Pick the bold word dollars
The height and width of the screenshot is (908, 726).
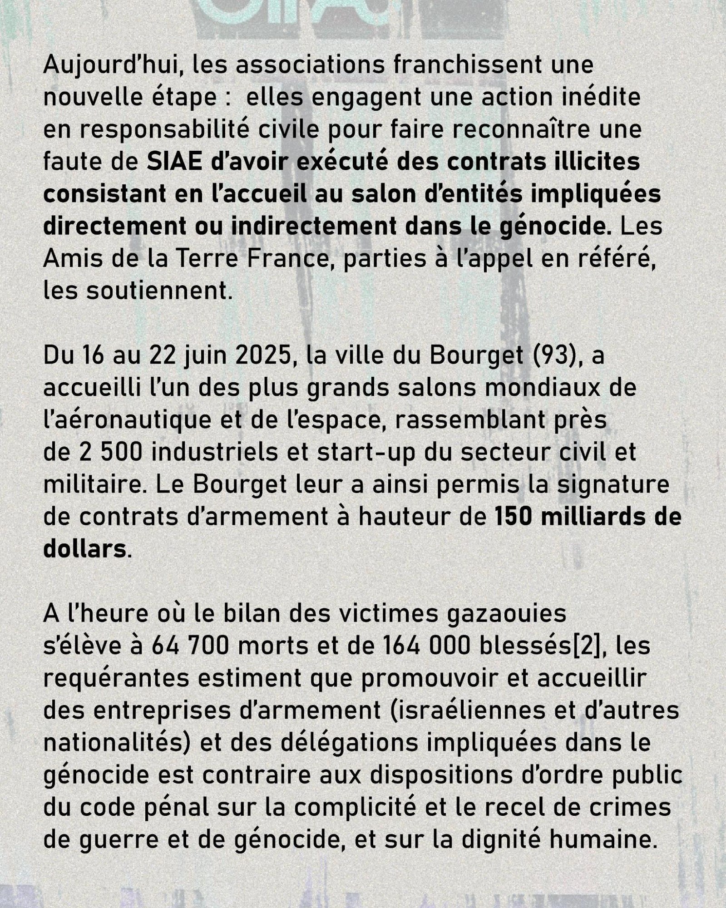point(85,550)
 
